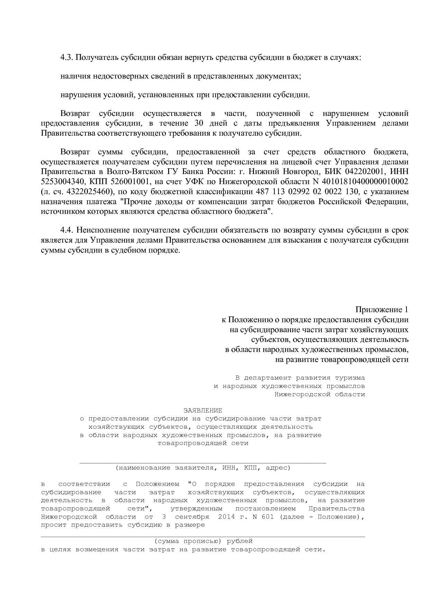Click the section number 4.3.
[67, 57]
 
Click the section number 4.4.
[67, 230]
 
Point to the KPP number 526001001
[129, 182]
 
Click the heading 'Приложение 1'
[382, 309]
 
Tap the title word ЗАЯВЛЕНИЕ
[203, 410]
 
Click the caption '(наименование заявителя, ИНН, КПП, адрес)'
[203, 468]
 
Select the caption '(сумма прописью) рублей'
[203, 541]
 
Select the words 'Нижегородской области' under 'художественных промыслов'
[319, 394]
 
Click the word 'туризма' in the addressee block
[349, 378]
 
